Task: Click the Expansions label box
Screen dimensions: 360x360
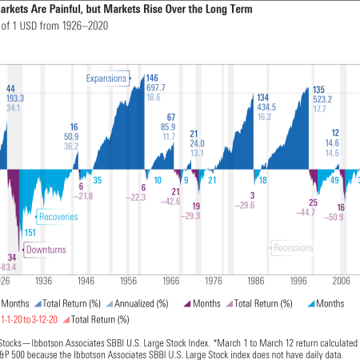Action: point(109,78)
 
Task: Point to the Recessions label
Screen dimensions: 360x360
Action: point(294,248)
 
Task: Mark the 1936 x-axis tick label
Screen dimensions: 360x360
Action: point(45,282)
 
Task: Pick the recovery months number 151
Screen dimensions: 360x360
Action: point(30,232)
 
